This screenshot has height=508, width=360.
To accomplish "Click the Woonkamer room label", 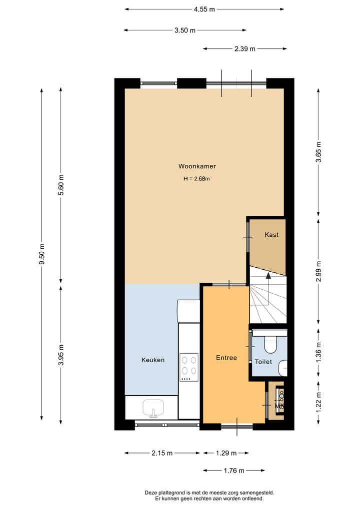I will point(197,166).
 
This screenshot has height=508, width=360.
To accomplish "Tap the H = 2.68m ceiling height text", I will point(197,179).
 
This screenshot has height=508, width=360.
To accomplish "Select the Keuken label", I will point(152,360).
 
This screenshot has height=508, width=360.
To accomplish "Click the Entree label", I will point(226,358).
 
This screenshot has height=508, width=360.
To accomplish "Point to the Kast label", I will point(271,235).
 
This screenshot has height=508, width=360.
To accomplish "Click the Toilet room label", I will point(263,361).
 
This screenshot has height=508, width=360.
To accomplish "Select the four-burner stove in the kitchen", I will point(189,364).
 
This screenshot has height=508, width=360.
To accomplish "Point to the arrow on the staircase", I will point(268,275).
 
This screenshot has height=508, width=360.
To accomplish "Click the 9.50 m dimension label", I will point(42,255).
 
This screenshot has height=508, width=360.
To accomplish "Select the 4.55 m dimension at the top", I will point(204,9).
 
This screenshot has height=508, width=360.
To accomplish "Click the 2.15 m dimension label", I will point(162,453).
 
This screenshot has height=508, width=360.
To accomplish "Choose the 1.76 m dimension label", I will point(233,471).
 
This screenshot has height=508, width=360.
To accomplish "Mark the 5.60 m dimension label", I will point(61,185).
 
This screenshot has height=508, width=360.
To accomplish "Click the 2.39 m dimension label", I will point(244,49).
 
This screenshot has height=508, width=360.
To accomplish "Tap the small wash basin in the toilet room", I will point(283,368).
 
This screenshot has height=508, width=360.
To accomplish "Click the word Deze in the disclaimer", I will point(151,493).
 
